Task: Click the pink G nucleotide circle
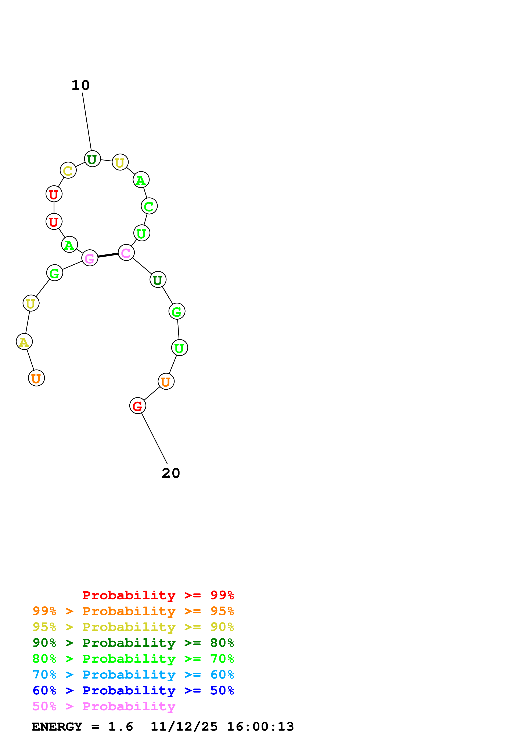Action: pos(90,258)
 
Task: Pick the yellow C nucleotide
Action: pos(68,170)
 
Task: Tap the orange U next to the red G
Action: pos(166,381)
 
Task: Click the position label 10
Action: pos(80,85)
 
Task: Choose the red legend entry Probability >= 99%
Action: pos(158,595)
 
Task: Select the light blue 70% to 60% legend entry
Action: pos(133,675)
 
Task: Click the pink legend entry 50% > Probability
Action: pos(104,706)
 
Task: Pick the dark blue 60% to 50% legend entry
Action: pos(133,690)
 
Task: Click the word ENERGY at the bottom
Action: pos(57,727)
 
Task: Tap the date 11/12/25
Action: pos(184,727)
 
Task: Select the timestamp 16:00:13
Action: pos(260,727)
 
